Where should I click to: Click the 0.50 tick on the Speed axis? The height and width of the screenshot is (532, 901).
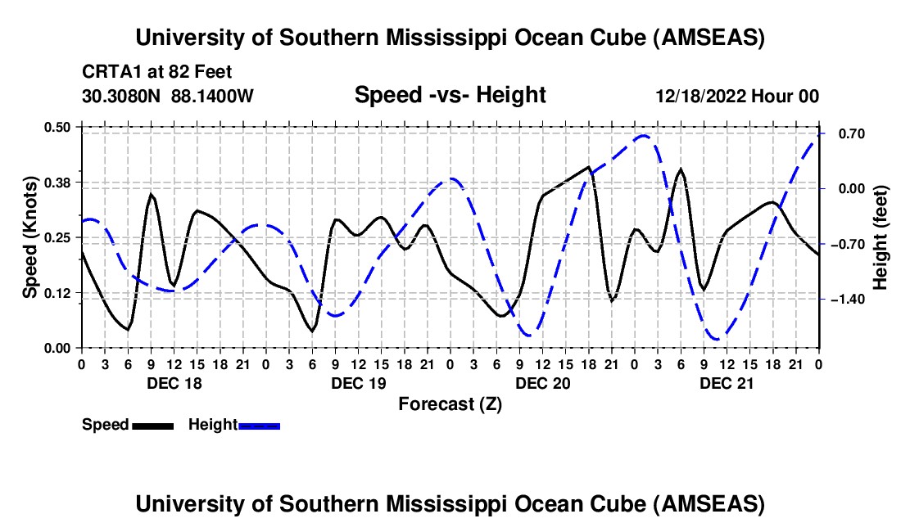[x=57, y=127]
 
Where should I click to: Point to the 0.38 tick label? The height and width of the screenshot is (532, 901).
[x=57, y=183]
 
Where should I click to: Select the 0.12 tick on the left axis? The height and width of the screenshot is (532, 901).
[x=57, y=293]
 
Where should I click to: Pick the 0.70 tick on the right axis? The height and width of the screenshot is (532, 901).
[x=852, y=133]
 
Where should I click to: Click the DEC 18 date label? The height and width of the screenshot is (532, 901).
[x=174, y=383]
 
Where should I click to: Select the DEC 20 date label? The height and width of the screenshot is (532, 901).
[x=543, y=383]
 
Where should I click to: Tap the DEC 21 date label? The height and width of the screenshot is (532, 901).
[x=727, y=383]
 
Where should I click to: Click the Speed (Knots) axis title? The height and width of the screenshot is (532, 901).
[x=29, y=237]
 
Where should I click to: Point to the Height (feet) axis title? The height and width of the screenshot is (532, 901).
[x=881, y=237]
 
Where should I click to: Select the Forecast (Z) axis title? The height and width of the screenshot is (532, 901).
[x=450, y=404]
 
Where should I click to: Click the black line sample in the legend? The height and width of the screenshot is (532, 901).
[x=153, y=426]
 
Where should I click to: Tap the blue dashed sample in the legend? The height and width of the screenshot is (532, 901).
[x=259, y=426]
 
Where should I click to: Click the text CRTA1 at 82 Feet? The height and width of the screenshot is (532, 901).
[x=157, y=72]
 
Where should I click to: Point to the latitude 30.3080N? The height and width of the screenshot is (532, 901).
[x=120, y=96]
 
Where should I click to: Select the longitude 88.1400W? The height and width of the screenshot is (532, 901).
[x=212, y=96]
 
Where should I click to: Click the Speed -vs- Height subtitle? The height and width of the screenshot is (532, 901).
[x=450, y=95]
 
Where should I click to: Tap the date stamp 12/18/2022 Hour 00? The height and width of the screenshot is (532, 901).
[x=737, y=96]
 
